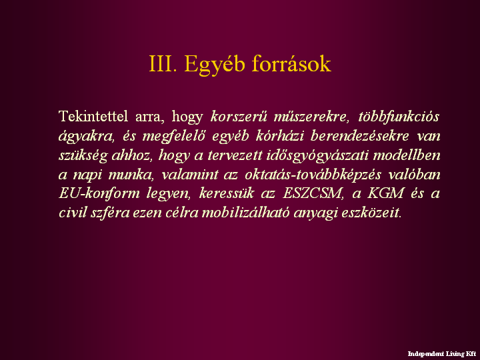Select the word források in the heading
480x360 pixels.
pos(291,64)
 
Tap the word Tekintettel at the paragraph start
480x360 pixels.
pos(93,116)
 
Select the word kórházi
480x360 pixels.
pos(280,135)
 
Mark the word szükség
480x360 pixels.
pos(83,156)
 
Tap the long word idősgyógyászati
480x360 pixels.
pos(317,156)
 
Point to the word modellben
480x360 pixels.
pos(407,155)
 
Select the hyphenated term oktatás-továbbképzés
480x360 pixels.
pos(313,175)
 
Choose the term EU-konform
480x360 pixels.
pos(99,193)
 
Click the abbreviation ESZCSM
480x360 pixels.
pos(313,193)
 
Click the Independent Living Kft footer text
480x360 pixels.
pos(442,354)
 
